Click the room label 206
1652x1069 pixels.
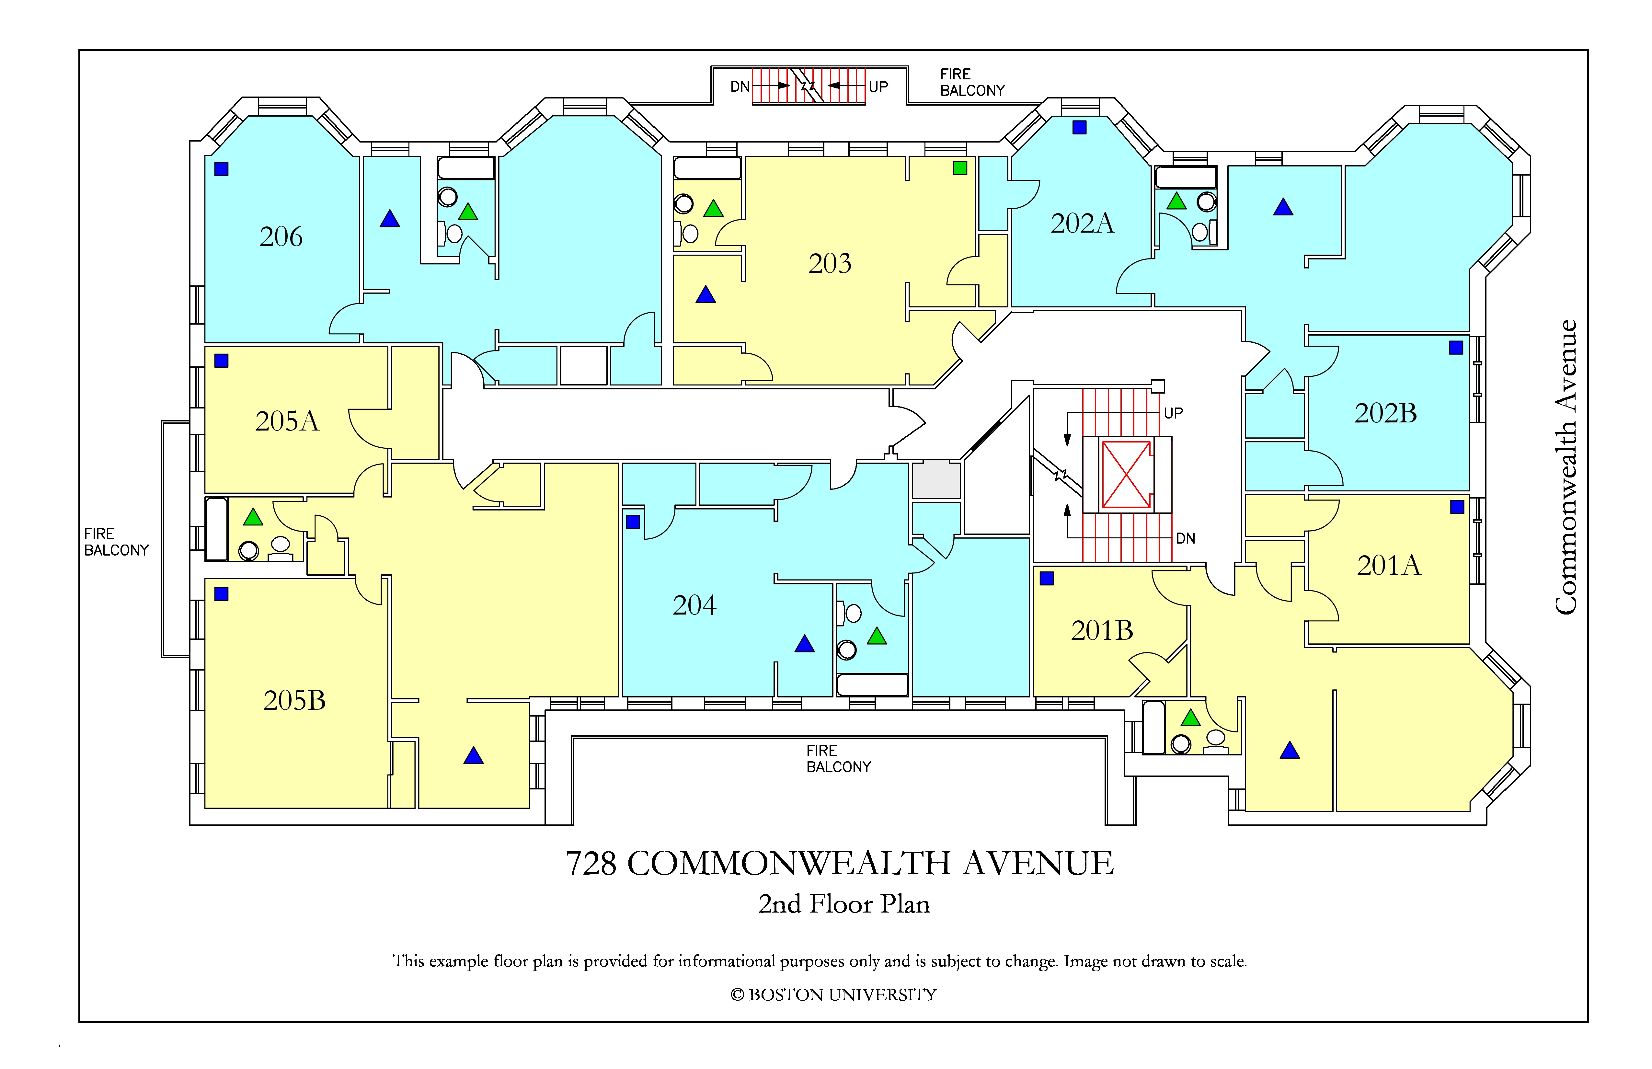coord(281,237)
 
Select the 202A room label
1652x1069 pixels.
coord(1082,223)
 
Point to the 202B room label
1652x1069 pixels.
coord(1385,413)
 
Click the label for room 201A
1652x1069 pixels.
coord(1389,565)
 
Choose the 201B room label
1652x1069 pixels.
coord(1102,630)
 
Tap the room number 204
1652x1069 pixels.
coord(694,605)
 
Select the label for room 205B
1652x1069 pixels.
coord(294,700)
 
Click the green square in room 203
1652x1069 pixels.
coord(960,168)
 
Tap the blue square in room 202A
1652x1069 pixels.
coord(1079,127)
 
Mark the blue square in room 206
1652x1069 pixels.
coord(222,169)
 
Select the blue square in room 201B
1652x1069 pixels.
coord(1047,578)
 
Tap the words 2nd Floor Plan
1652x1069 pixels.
coord(844,904)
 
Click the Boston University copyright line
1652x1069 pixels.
coord(834,995)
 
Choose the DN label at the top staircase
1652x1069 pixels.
coord(740,87)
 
